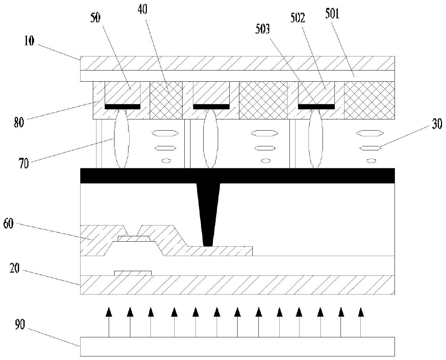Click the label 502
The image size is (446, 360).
point(298,18)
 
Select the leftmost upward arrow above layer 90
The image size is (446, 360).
point(108,322)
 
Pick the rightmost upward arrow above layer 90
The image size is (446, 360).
point(360,322)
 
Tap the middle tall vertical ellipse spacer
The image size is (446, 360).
point(210,138)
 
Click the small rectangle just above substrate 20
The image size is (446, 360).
point(133,273)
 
